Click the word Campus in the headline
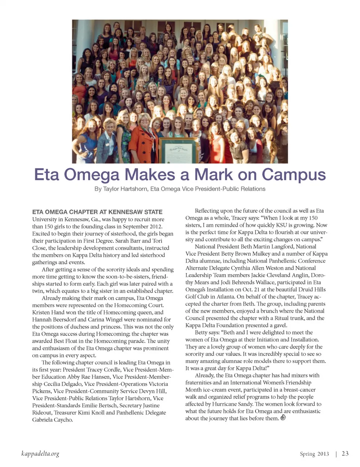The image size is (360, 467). pos(294,175)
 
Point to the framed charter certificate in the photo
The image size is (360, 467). pos(178,150)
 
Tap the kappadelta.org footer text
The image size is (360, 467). pos(40,454)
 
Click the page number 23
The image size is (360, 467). pos(345,453)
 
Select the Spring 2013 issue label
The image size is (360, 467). pos(314,454)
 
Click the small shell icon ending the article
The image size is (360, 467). pos(283,417)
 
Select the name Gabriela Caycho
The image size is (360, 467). pos(52,420)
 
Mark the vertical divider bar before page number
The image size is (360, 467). pos(336,454)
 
